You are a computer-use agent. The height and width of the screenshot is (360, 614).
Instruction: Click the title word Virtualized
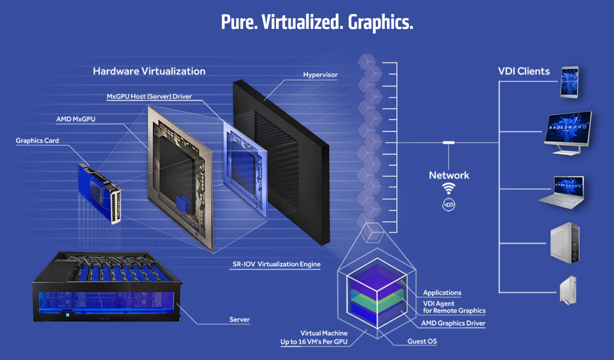302,22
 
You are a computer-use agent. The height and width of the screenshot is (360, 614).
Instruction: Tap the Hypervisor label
320,75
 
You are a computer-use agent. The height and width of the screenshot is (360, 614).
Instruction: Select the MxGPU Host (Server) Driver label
149,96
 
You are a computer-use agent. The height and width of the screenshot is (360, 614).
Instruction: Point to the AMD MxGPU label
76,119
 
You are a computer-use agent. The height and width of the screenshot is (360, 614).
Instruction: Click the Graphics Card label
37,141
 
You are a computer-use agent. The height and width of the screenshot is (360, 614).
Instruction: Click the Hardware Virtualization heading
149,71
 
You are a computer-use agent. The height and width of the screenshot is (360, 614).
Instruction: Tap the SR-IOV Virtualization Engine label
276,264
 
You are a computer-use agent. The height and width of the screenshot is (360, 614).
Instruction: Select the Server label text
239,319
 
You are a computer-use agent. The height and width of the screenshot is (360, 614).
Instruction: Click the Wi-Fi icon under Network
449,188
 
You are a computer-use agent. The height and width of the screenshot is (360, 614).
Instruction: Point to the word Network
449,175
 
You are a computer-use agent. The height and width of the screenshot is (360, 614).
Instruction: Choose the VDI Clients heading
524,71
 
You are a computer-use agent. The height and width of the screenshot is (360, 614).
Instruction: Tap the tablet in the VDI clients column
570,82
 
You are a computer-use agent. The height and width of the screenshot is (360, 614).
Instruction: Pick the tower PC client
565,243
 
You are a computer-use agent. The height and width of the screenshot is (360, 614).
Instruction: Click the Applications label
442,293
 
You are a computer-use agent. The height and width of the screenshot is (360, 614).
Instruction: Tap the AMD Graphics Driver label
453,323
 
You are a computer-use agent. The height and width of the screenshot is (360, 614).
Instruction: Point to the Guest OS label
422,341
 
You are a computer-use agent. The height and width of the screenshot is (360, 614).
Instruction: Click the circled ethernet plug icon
449,205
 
